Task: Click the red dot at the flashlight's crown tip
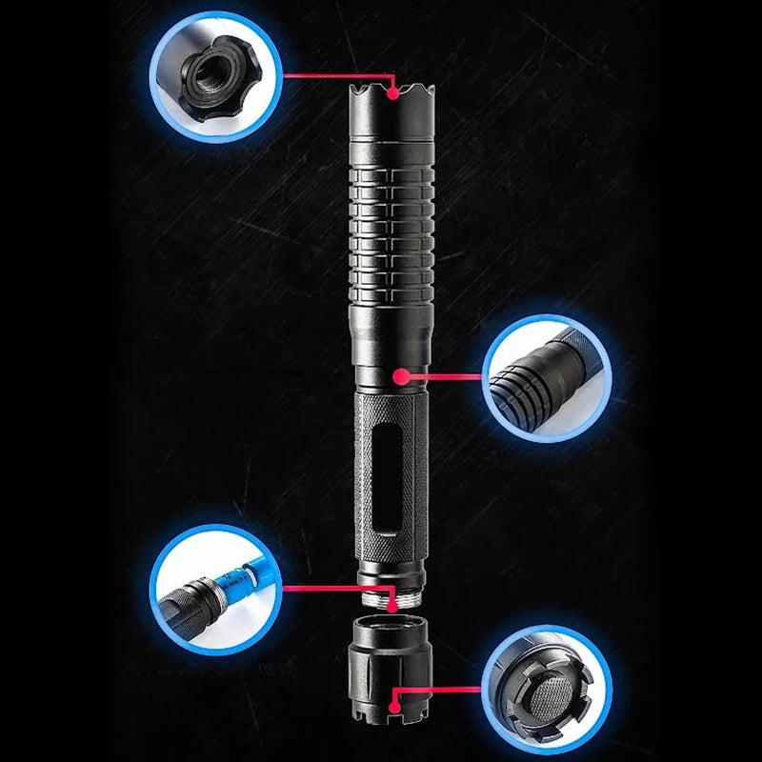(x=391, y=91)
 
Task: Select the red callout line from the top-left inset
(x=333, y=74)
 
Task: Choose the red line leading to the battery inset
(x=333, y=588)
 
